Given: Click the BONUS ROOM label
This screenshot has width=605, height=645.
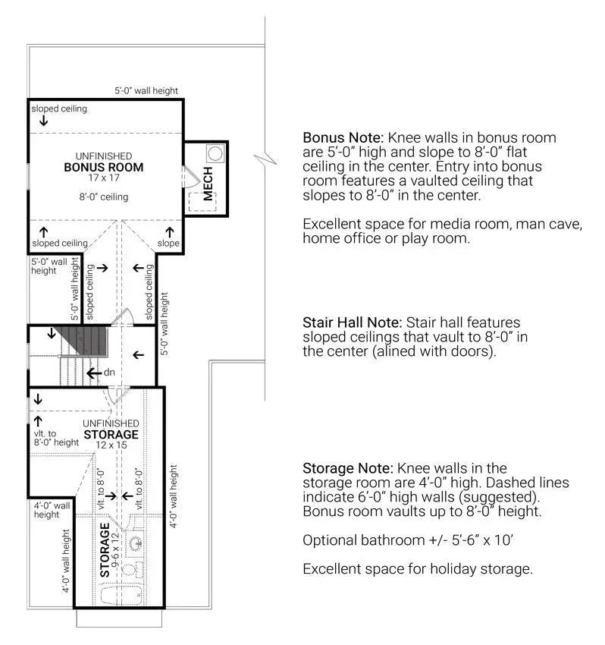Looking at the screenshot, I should tap(103, 168).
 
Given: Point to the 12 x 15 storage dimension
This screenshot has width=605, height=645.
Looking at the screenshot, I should tap(111, 445).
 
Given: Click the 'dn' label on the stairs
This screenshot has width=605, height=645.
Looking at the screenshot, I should tap(108, 373).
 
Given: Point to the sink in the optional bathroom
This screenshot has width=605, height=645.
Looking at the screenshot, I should tap(137, 544).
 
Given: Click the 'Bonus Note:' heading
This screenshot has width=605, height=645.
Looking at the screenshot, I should tap(343, 138).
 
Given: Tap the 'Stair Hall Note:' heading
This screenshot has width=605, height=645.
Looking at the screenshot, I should tap(356, 322).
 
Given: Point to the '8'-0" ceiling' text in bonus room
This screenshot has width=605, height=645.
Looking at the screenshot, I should tap(103, 197).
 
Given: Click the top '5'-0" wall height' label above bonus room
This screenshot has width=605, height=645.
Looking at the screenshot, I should tap(146, 91).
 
